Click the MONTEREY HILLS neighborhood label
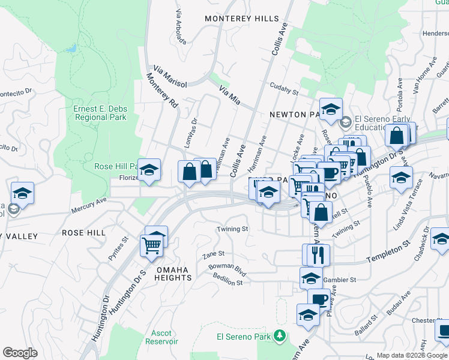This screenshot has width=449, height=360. click(x=242, y=19)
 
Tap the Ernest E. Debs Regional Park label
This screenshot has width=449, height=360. click(x=100, y=113)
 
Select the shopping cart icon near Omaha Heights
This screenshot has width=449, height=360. click(x=152, y=245)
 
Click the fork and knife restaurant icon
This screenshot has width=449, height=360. click(x=318, y=254)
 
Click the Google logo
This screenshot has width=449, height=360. click(x=20, y=353)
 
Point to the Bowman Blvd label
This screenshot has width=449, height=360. click(x=228, y=271)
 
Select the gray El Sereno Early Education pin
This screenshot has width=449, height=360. click(x=345, y=123)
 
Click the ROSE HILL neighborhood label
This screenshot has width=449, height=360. click(x=83, y=232)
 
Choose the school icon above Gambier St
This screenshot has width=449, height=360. click(x=311, y=278)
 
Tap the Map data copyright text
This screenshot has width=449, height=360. click(x=410, y=355)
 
